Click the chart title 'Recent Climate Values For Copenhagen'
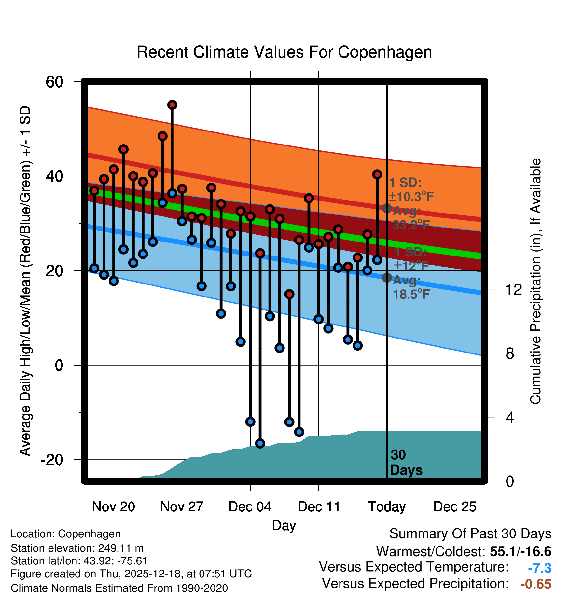[x=284, y=52]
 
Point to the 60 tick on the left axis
[x=54, y=82]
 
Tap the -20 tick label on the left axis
[x=52, y=460]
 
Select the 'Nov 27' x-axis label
[x=182, y=507]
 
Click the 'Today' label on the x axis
[x=387, y=507]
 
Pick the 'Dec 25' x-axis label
[x=455, y=507]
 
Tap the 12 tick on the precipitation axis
[x=514, y=289]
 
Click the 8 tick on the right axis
[x=510, y=353]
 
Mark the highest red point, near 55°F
[x=172, y=105]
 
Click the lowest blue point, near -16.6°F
[x=260, y=443]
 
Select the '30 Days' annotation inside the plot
[x=406, y=463]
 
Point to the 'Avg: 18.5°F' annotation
[x=411, y=287]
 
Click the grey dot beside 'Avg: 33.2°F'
[x=387, y=208]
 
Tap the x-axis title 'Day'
[x=284, y=526]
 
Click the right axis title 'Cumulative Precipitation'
[x=535, y=282]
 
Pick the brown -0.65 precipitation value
[x=536, y=584]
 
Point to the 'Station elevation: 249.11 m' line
[x=77, y=548]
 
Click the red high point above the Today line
[x=377, y=174]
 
